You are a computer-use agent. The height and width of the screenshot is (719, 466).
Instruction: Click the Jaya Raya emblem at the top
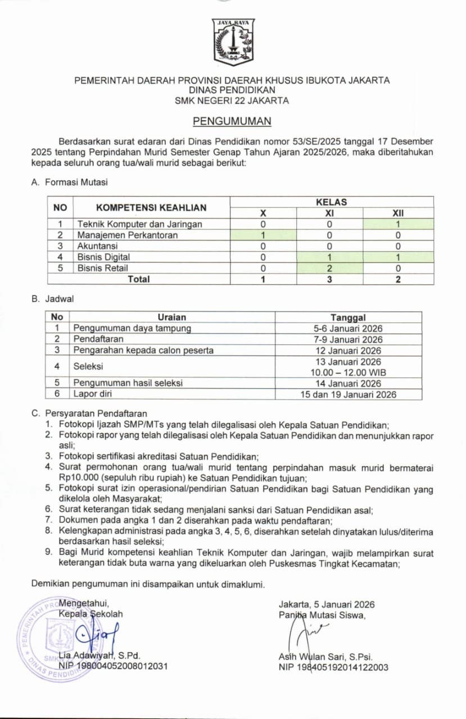[x=233, y=42]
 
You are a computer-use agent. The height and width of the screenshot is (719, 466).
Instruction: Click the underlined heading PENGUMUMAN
[x=232, y=121]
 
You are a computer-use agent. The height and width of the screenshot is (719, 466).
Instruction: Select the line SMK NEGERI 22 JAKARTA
[x=232, y=101]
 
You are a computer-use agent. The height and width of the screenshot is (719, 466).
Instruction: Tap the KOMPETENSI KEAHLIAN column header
[x=151, y=207]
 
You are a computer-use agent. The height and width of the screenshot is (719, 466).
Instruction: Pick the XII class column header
[x=398, y=213]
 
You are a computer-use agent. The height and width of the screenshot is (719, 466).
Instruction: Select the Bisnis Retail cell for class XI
[x=329, y=268]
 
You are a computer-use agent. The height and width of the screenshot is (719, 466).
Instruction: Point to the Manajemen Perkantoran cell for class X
[x=263, y=235]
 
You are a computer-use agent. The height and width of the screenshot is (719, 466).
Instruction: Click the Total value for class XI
[x=329, y=279]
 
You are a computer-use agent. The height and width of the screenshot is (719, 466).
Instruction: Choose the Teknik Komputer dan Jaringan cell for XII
[x=398, y=224]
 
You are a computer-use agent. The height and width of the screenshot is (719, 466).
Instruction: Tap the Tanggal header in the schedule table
[x=348, y=317]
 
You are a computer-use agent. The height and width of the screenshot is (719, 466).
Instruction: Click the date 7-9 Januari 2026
[x=348, y=339]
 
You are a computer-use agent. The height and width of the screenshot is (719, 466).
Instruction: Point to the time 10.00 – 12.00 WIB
[x=348, y=372]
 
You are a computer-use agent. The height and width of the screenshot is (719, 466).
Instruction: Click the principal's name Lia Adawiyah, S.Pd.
[x=99, y=656]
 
